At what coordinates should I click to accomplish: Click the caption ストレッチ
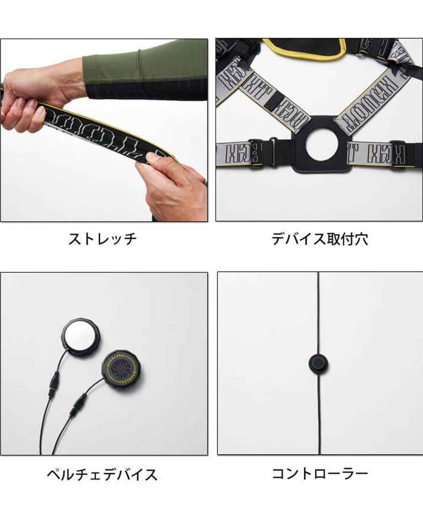103,239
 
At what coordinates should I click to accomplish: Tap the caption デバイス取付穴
319,239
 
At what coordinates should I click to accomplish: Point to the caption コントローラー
319,474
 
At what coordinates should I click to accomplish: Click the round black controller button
318,364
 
